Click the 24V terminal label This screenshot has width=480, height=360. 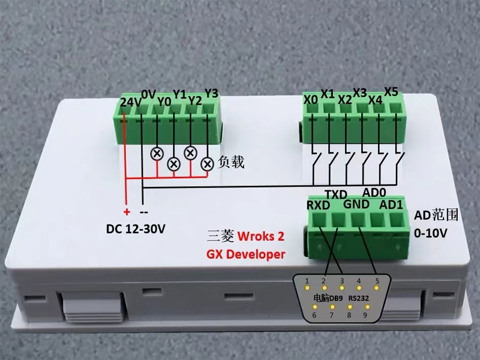tap(131, 103)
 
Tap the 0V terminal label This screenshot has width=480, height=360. tap(148, 94)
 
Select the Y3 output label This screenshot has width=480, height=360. tap(212, 93)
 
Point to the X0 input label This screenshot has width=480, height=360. tap(310, 100)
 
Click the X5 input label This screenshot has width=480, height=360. tap(391, 92)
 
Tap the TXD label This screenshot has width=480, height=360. tap(336, 194)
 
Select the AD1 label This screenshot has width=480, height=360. tap(391, 203)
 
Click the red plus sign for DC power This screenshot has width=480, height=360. tap(127, 212)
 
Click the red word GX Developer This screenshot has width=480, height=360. tap(246, 254)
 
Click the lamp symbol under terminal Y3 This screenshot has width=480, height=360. tap(207, 163)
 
